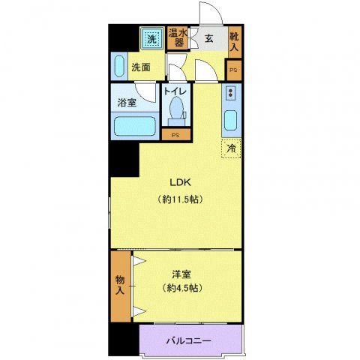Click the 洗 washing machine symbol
151,38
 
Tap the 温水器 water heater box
177,37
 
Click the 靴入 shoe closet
234,41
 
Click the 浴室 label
126,103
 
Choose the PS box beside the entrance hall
233,70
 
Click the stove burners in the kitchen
230,94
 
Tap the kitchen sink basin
230,121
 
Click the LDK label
178,183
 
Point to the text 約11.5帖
178,200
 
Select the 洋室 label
178,273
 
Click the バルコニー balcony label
188,342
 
